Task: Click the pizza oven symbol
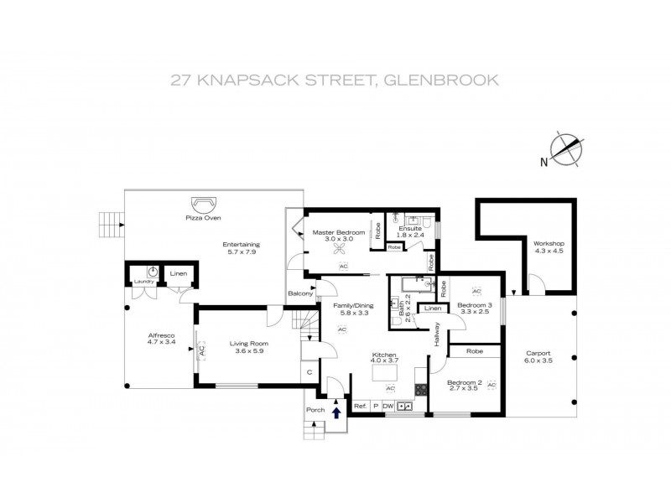204,203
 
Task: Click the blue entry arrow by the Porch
337,412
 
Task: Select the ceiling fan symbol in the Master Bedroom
340,250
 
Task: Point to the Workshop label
549,243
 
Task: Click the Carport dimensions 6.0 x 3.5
538,361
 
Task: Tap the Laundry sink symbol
153,272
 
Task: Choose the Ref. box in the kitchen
360,407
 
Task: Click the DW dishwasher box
388,407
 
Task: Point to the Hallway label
437,335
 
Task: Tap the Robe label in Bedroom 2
474,351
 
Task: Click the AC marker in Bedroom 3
476,291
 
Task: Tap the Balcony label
300,293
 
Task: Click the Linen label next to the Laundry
179,273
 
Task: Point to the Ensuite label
409,228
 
